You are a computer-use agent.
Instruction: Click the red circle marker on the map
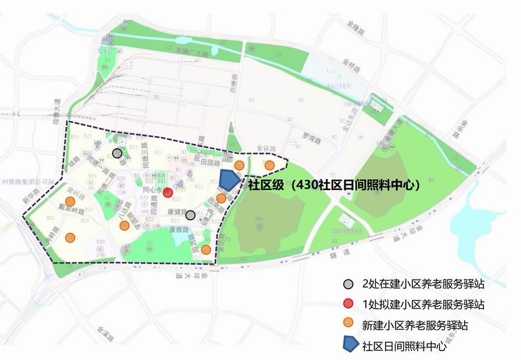pyautogui.click(x=168, y=192)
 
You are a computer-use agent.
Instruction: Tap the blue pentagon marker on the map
pyautogui.click(x=229, y=180)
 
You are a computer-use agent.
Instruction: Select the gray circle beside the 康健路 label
pyautogui.click(x=190, y=215)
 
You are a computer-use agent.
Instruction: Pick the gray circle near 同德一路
pyautogui.click(x=117, y=153)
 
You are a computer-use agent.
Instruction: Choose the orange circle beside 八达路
pyautogui.click(x=125, y=226)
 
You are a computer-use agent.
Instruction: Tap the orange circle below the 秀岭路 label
pyautogui.click(x=71, y=237)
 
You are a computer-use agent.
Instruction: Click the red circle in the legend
pyautogui.click(x=349, y=304)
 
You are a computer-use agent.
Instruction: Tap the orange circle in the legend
pyautogui.click(x=349, y=325)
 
